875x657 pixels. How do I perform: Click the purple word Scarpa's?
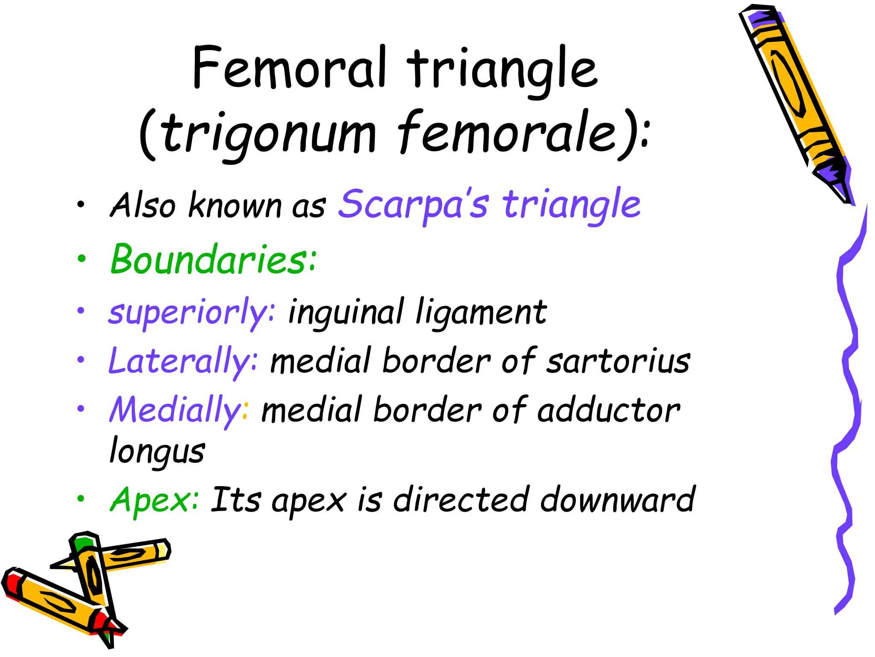pos(412,204)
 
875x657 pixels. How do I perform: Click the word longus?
pos(157,452)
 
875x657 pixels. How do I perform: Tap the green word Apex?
pos(154,500)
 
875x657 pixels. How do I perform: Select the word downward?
pos(618,500)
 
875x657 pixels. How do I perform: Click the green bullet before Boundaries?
pos(81,259)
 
